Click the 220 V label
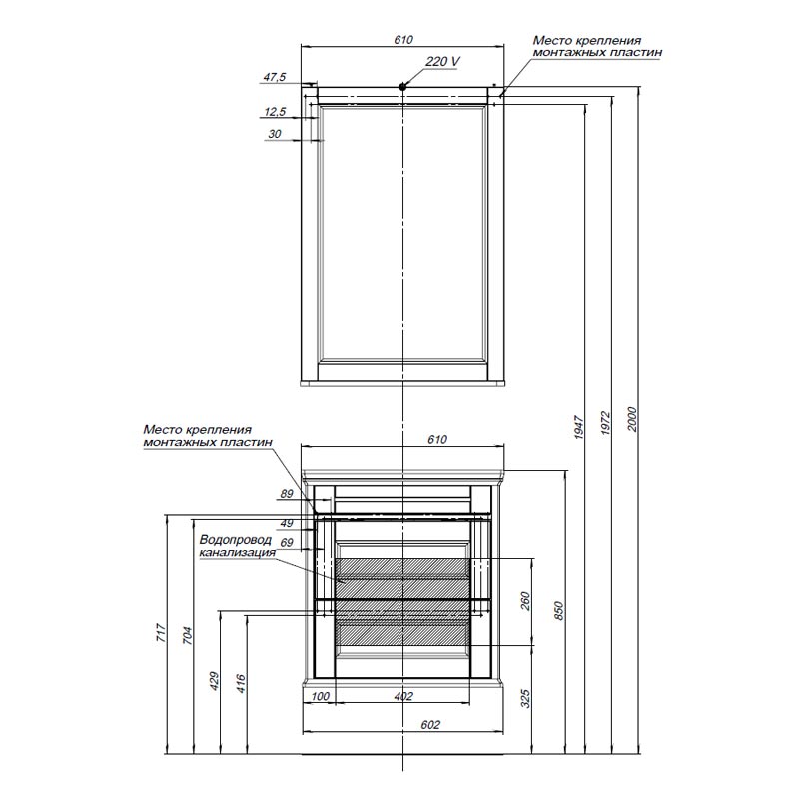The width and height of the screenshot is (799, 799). (442, 62)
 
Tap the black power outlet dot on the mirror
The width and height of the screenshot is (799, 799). (403, 87)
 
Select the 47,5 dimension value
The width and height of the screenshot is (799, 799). (275, 77)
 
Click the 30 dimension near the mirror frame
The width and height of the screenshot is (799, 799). (275, 133)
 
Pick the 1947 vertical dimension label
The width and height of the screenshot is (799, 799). (580, 428)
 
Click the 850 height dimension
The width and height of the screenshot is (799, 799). (559, 609)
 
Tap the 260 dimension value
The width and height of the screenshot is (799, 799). (525, 601)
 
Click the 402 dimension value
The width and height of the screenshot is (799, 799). (402, 696)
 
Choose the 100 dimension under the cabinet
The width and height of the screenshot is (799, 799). (320, 696)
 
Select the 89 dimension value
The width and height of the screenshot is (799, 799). (286, 494)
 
